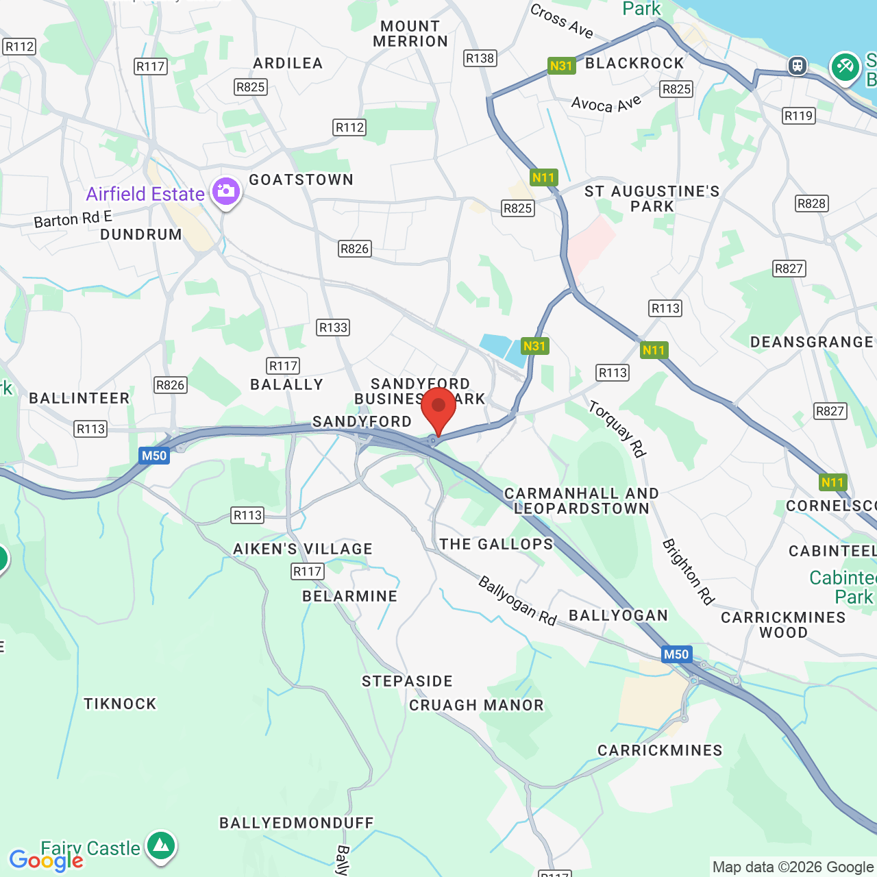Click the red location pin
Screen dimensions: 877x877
click(x=438, y=409)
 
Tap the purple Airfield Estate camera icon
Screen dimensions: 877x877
click(x=225, y=192)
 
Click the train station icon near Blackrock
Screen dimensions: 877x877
click(x=796, y=66)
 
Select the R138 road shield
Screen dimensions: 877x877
click(x=480, y=58)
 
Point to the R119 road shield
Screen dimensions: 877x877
click(x=798, y=116)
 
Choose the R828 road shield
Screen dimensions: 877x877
click(x=812, y=203)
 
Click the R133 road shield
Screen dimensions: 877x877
click(x=334, y=328)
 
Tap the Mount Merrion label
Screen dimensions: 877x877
click(x=410, y=34)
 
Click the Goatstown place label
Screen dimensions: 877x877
click(x=301, y=180)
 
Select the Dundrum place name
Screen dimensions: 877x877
click(x=141, y=234)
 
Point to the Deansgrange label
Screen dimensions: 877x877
click(x=812, y=342)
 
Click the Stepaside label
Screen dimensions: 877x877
click(x=408, y=681)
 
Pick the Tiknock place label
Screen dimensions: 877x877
click(x=120, y=704)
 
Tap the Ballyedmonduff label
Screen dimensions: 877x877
click(x=297, y=823)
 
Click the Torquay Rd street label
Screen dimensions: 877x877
click(x=617, y=429)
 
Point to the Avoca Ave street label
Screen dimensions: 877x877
click(x=606, y=103)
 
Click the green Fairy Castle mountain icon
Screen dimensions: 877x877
click(x=161, y=846)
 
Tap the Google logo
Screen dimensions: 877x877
click(x=46, y=861)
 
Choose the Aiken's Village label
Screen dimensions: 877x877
click(x=303, y=549)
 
